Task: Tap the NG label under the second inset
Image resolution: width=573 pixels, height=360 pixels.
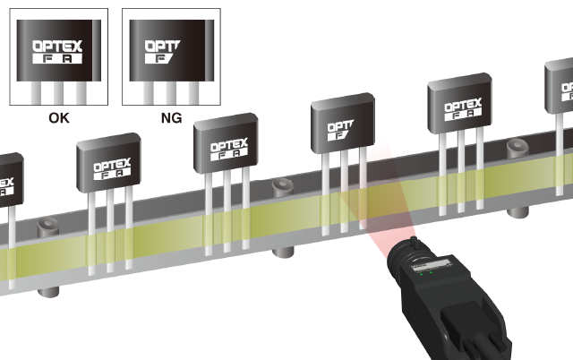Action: (169, 116)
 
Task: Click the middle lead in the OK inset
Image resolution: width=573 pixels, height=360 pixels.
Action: (56, 93)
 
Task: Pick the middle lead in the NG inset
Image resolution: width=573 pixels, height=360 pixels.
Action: (169, 93)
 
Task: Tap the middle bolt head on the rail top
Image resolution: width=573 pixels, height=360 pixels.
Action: (279, 185)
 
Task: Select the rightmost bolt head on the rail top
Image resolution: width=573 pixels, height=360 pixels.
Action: (516, 145)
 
